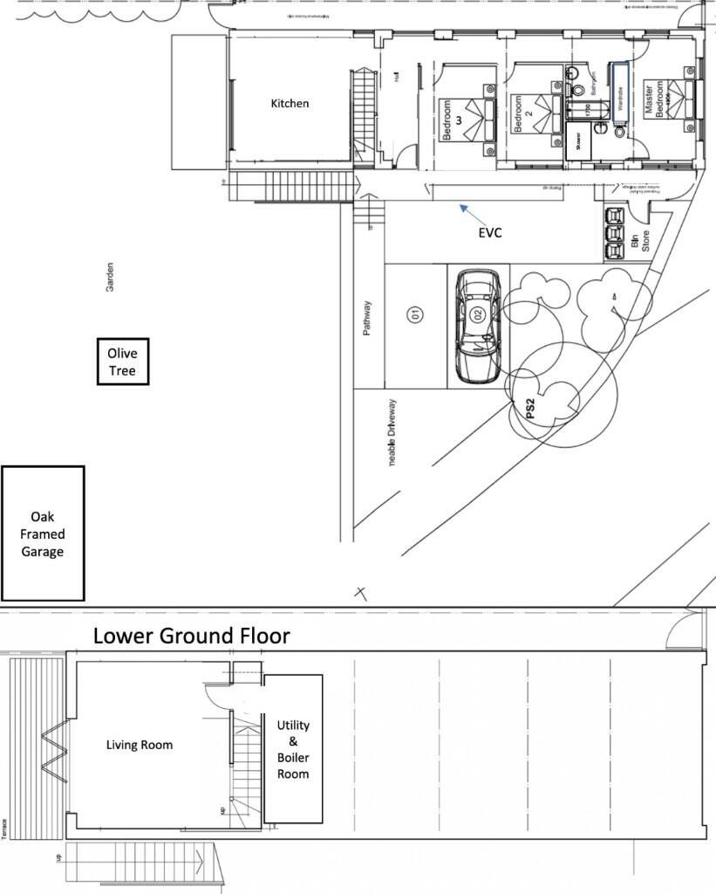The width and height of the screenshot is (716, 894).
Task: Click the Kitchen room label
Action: pyautogui.click(x=290, y=103)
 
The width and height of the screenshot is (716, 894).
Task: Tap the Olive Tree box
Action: pyautogui.click(x=123, y=361)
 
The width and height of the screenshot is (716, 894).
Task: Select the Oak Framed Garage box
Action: pyautogui.click(x=43, y=533)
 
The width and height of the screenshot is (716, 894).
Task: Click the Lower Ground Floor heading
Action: pyautogui.click(x=191, y=636)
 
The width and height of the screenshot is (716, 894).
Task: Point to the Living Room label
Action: pyautogui.click(x=140, y=745)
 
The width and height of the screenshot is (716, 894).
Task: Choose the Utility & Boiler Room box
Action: pyautogui.click(x=293, y=749)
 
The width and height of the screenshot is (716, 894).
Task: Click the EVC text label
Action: pyautogui.click(x=489, y=233)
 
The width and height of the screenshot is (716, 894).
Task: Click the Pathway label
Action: pyautogui.click(x=368, y=319)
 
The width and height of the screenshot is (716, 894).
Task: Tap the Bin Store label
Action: pyautogui.click(x=640, y=236)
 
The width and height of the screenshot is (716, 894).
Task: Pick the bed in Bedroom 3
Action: pyautogui.click(x=475, y=118)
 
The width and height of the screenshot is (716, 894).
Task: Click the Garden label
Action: pyautogui.click(x=111, y=278)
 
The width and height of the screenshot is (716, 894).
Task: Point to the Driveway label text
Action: pyautogui.click(x=392, y=432)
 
